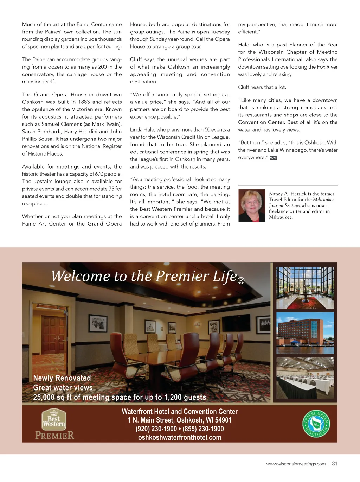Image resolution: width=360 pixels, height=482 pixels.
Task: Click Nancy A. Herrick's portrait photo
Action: (x=252, y=205)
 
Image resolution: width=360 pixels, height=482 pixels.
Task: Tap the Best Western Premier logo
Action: (x=54, y=424)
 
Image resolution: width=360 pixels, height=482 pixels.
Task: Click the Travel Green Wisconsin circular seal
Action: (x=316, y=424)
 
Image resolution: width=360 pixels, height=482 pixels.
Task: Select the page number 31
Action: (x=335, y=464)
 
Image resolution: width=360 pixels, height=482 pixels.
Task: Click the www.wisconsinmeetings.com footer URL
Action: (x=296, y=464)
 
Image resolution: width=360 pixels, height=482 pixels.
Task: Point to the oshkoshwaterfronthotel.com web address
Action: (x=180, y=437)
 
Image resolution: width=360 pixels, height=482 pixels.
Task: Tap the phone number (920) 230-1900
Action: (x=156, y=429)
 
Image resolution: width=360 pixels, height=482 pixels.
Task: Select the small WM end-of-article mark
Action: (x=273, y=158)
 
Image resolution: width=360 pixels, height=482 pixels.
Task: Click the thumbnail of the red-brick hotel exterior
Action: (x=305, y=332)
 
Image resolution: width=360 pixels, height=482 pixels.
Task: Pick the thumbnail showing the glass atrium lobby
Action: (x=305, y=287)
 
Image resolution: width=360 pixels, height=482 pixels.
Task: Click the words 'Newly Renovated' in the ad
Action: (x=62, y=378)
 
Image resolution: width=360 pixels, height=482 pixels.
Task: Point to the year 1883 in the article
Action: (x=84, y=102)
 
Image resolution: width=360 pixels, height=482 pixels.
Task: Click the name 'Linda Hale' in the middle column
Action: (x=142, y=129)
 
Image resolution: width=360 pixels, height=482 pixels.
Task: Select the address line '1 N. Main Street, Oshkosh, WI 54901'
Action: (x=180, y=420)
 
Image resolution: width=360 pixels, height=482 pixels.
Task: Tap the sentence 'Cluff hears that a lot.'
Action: (x=262, y=87)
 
